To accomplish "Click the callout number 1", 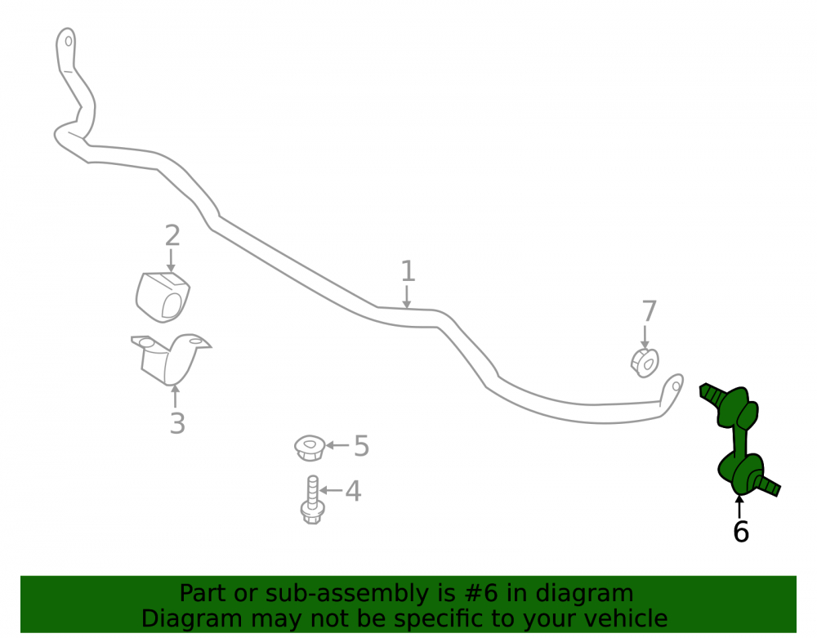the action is coord(408,272).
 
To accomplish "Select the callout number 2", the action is coord(172,235).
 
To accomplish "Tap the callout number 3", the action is coord(177,423).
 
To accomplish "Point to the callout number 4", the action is coord(353,491).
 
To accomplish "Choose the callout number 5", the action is coord(362,446).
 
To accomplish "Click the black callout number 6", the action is coord(741,532).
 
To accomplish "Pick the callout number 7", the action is coord(650,311).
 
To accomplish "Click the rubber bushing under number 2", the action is coord(163,297).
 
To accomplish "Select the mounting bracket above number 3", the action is coord(170,359).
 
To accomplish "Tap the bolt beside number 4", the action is coord(313,500).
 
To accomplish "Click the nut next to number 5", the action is coord(310,448).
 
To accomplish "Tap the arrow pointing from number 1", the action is coord(406,297).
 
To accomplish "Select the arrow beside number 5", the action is coord(337,445).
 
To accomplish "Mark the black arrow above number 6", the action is coord(739,507).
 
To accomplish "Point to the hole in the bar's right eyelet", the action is coord(676,386).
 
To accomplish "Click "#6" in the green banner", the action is coord(480,594).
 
